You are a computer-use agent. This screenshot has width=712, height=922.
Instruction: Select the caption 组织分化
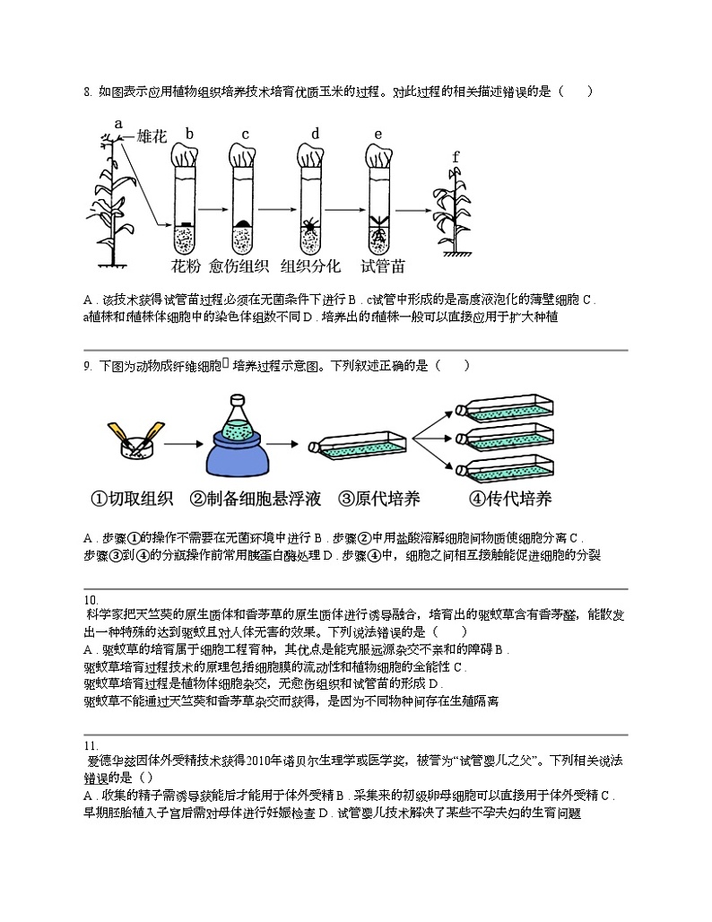[311, 266]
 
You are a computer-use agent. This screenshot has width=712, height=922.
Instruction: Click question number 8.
[87, 91]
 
